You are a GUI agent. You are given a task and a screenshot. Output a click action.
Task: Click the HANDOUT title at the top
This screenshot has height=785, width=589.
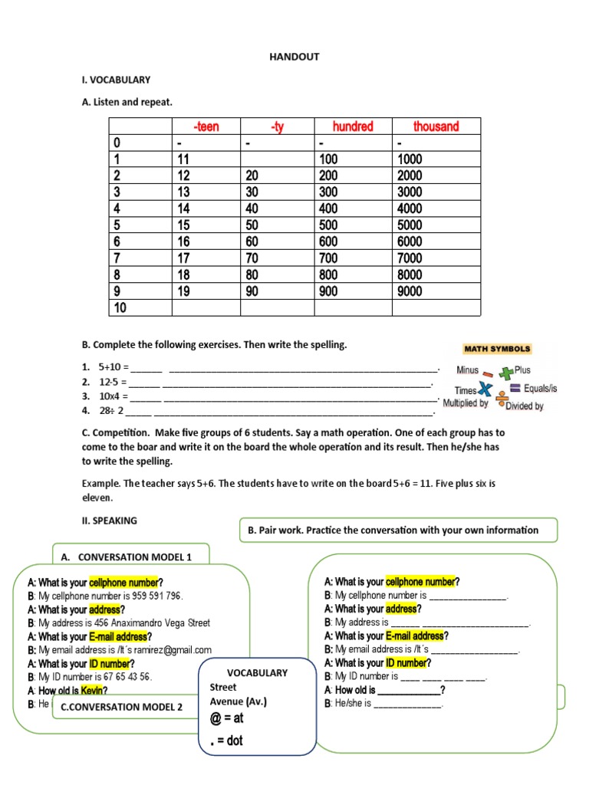[x=294, y=57]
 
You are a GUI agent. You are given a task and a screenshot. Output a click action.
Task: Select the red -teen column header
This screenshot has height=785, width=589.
[x=206, y=126]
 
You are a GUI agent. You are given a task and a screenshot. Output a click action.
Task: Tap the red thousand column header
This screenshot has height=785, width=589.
[x=436, y=126]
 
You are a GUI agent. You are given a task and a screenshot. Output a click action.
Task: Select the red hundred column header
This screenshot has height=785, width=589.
[x=353, y=126]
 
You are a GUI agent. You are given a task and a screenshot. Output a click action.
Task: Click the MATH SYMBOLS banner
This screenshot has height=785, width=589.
[x=497, y=349]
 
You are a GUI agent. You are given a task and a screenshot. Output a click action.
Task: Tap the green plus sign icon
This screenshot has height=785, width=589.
[x=505, y=373]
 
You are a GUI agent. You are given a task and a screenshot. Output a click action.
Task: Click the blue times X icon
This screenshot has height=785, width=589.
[x=485, y=389]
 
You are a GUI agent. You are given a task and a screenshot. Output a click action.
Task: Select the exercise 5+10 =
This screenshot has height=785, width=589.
[x=114, y=367]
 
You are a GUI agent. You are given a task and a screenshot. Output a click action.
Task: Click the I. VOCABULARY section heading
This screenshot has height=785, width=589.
[x=116, y=79]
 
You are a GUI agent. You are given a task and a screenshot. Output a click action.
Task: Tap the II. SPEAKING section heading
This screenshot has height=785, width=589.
[x=109, y=521]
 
